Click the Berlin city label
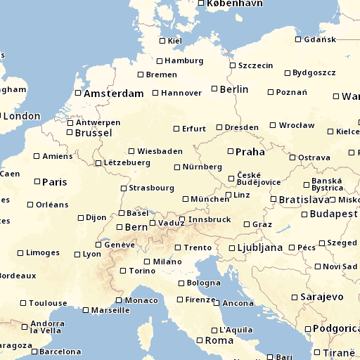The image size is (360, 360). (x=234, y=89)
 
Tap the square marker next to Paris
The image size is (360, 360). (x=37, y=181)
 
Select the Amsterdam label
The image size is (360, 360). (x=113, y=94)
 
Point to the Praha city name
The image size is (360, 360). (x=250, y=151)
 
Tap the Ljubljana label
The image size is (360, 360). (x=259, y=247)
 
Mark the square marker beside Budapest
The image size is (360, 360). (x=304, y=213)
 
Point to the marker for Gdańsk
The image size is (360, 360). (x=298, y=39)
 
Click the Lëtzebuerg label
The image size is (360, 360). (x=127, y=162)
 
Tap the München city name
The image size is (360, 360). (x=210, y=199)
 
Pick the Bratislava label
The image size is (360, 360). (x=304, y=200)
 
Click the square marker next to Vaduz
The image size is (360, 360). (x=153, y=223)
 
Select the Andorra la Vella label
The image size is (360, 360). (x=46, y=328)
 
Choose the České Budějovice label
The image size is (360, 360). (x=258, y=179)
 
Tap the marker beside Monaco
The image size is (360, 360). (x=128, y=300)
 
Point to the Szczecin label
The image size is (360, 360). (x=255, y=65)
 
